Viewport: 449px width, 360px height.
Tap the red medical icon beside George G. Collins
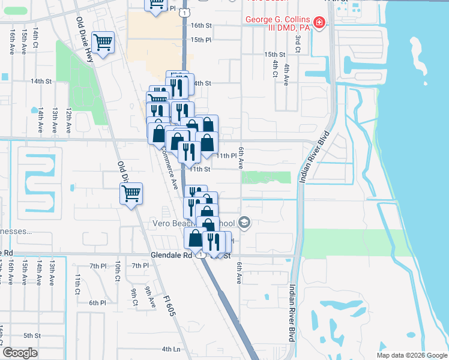click(320, 23)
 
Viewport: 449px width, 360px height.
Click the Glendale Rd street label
click(171, 254)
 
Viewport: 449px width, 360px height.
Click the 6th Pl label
click(97, 303)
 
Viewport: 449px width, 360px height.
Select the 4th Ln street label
click(171, 349)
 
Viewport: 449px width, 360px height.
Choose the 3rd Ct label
click(298, 43)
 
